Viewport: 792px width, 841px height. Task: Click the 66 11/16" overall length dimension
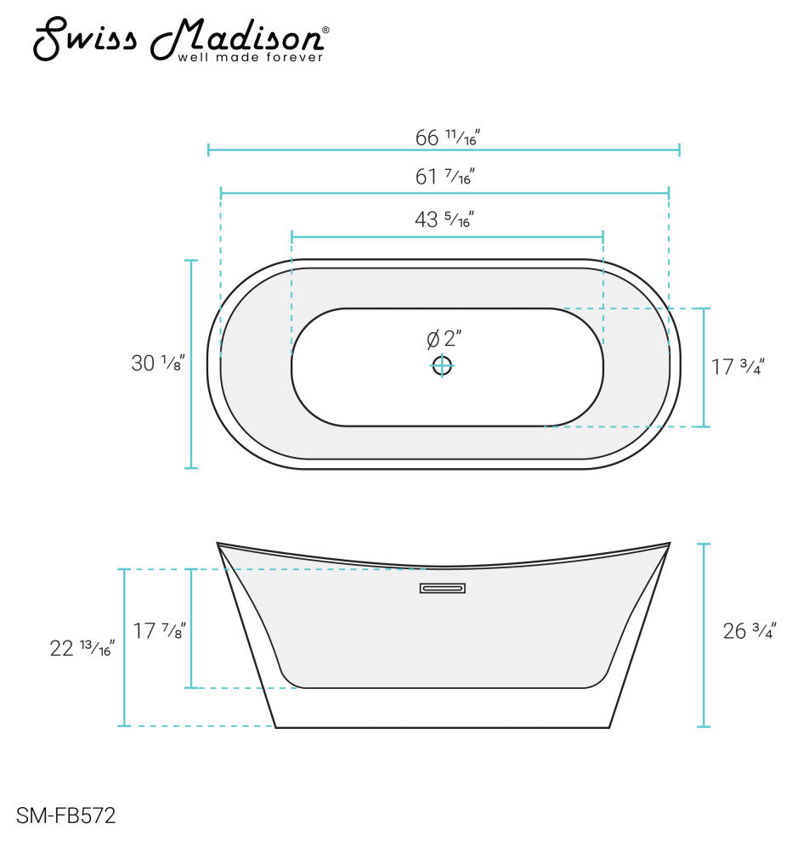pyautogui.click(x=448, y=136)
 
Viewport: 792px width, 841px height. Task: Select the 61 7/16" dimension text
pyautogui.click(x=444, y=177)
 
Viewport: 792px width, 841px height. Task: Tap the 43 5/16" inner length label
pyautogui.click(x=444, y=219)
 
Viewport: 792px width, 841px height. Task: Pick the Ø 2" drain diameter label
pyautogui.click(x=444, y=339)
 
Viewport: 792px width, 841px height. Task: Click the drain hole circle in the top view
pyautogui.click(x=442, y=366)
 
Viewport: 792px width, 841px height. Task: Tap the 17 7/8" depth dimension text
pyautogui.click(x=159, y=630)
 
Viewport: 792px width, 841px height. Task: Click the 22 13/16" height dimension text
pyautogui.click(x=82, y=648)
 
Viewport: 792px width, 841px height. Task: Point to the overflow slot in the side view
pyautogui.click(x=443, y=588)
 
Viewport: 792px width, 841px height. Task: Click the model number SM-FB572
pyautogui.click(x=65, y=817)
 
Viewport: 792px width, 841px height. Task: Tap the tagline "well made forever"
pyautogui.click(x=250, y=58)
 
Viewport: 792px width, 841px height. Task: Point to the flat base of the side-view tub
pyautogui.click(x=443, y=727)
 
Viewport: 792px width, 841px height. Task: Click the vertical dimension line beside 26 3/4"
pyautogui.click(x=704, y=635)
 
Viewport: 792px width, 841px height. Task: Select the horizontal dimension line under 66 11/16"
pyautogui.click(x=444, y=150)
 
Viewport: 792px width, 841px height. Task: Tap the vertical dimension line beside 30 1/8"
pyautogui.click(x=191, y=364)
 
